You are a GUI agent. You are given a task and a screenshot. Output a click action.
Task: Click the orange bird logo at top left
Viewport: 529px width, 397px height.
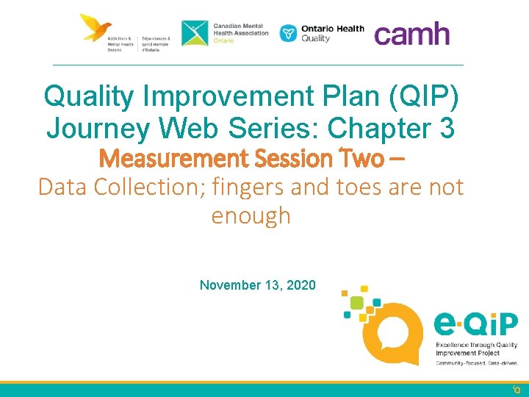[96, 27]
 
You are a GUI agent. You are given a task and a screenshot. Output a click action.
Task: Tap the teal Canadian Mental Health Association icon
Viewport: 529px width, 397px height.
[195, 33]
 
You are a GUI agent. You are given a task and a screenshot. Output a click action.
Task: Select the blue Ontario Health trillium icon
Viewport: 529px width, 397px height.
[288, 33]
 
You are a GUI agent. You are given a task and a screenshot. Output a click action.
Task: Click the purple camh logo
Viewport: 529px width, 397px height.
[411, 33]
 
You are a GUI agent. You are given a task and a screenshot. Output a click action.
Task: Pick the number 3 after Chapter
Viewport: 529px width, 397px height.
[446, 128]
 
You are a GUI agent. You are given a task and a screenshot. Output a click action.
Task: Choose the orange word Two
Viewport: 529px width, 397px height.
[361, 158]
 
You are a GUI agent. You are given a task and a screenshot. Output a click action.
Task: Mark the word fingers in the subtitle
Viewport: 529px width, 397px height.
[248, 187]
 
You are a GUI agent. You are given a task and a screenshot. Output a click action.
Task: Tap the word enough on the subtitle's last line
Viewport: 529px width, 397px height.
[251, 216]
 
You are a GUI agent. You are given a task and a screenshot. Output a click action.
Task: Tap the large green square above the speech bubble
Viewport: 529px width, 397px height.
[357, 303]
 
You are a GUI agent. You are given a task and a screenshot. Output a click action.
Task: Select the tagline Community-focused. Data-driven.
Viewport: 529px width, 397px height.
[476, 362]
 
